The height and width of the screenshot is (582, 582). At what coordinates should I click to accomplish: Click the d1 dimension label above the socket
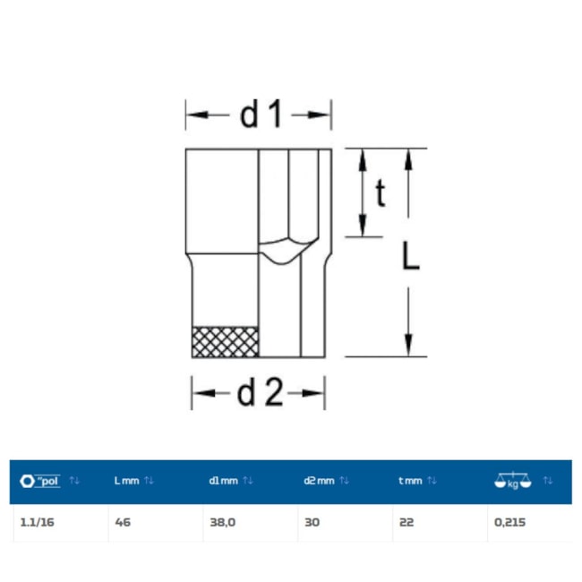pyautogui.click(x=261, y=115)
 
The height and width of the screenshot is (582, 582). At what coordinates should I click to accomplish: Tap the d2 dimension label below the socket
pyautogui.click(x=260, y=393)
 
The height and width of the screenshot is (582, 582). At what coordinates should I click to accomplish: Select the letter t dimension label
pyautogui.click(x=381, y=193)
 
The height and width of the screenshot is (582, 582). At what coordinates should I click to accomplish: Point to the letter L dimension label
pyautogui.click(x=410, y=255)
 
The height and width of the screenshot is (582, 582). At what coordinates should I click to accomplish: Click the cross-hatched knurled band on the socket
pyautogui.click(x=225, y=342)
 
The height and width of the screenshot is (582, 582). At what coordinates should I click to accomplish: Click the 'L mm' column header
pyautogui.click(x=126, y=481)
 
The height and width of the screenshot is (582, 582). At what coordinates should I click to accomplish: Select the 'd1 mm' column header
pyautogui.click(x=223, y=481)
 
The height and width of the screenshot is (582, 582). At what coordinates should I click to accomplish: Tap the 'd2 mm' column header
pyautogui.click(x=319, y=481)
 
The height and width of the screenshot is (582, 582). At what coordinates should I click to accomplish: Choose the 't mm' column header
pyautogui.click(x=410, y=481)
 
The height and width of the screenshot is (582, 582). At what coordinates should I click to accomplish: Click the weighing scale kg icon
pyautogui.click(x=512, y=481)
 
